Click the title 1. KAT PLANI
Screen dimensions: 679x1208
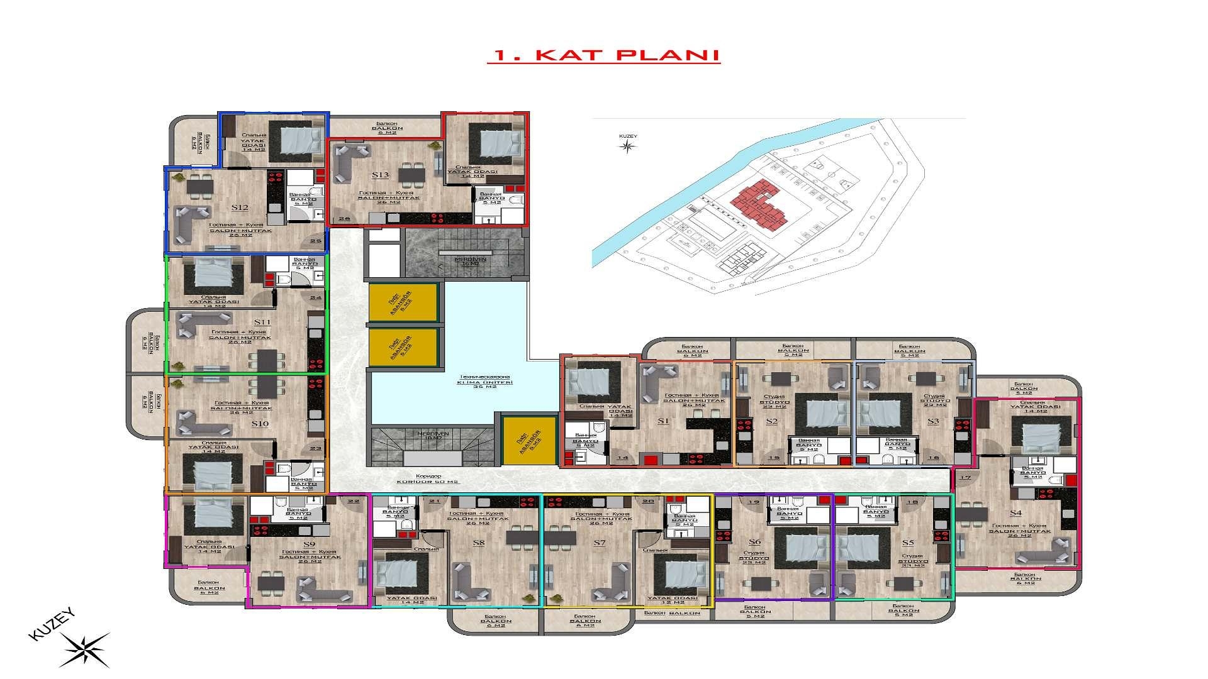(x=603, y=55)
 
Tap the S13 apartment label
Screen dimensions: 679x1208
(x=380, y=175)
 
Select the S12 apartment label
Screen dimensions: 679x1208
(x=240, y=207)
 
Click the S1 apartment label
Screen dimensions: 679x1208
(x=662, y=421)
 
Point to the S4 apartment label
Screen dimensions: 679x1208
(x=1015, y=513)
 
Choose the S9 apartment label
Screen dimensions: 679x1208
(x=309, y=544)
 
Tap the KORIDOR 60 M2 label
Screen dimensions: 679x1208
(x=428, y=479)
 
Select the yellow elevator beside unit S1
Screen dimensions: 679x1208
(x=529, y=441)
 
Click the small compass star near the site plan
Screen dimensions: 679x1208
(x=627, y=146)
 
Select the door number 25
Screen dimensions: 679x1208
(x=316, y=241)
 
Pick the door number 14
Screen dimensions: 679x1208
(x=623, y=458)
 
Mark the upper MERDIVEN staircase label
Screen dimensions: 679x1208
(x=466, y=260)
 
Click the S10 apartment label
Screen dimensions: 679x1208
(x=260, y=424)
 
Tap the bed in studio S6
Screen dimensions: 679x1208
(x=801, y=546)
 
